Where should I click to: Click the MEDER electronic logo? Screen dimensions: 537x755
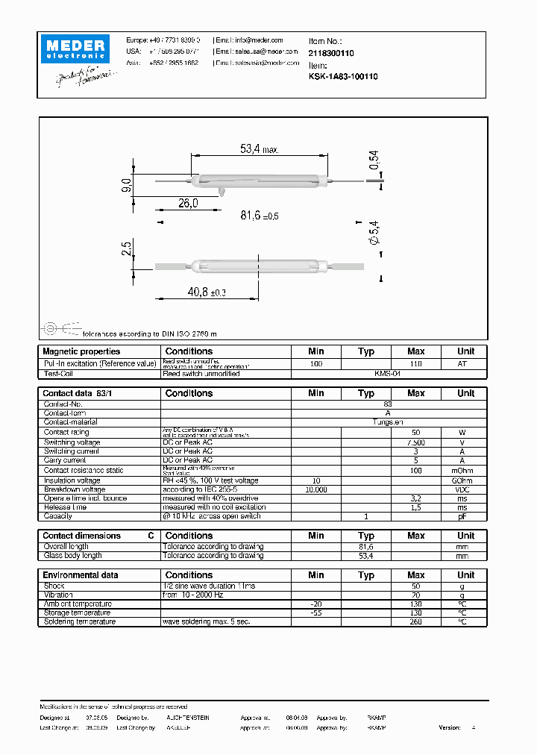pos(76,48)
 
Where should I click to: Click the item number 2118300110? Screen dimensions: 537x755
pos(331,54)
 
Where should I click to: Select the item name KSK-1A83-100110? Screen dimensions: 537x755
pos(343,76)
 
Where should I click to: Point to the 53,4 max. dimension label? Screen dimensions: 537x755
pos(259,149)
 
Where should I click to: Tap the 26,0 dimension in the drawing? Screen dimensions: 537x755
pos(188,204)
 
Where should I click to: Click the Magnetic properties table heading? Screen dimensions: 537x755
pos(81,351)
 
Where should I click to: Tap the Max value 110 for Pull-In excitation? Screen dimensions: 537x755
pos(415,363)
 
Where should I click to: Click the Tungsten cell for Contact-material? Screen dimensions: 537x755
pos(388,422)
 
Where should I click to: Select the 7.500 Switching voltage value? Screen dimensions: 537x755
pos(415,442)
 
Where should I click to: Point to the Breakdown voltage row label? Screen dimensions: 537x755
pos(75,489)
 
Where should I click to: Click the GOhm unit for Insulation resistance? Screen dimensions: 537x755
pos(465,480)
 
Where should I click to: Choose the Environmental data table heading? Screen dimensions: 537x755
pos(81,575)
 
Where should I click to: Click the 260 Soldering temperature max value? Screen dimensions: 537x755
pos(415,621)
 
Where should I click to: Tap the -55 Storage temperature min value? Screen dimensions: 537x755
pos(316,613)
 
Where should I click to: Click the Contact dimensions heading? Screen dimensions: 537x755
pos(81,536)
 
